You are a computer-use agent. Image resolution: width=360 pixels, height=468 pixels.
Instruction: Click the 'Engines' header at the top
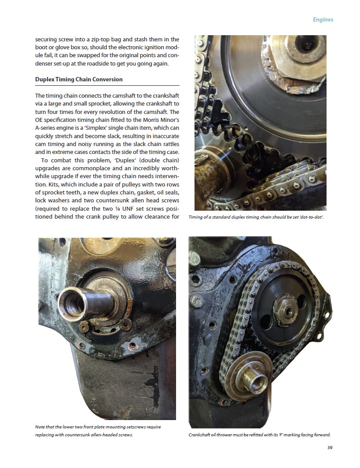click(x=323, y=20)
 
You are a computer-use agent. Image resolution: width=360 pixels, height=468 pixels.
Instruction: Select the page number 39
click(x=330, y=447)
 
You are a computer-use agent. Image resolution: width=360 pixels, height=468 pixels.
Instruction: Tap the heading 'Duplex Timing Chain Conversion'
click(x=79, y=79)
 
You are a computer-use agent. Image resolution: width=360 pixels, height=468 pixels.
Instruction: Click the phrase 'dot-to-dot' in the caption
click(x=312, y=217)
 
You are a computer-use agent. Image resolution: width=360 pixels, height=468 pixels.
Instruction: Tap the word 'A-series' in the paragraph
click(x=46, y=128)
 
